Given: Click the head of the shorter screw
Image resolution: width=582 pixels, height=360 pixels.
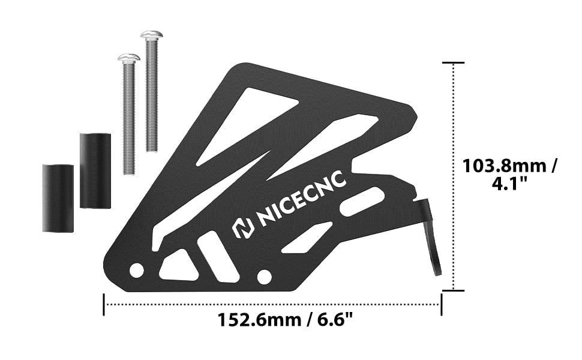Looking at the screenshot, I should [128, 58].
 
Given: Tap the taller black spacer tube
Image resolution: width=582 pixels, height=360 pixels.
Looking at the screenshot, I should [95, 170].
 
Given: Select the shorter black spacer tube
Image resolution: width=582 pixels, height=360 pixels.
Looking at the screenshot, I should [58, 197].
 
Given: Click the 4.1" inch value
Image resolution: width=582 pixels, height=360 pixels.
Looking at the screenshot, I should [509, 184].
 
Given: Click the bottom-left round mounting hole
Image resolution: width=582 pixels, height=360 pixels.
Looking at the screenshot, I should [137, 270].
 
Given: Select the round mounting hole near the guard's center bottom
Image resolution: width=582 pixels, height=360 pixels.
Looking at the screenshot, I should [263, 277].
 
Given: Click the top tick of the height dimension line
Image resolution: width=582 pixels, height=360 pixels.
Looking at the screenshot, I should [453, 62].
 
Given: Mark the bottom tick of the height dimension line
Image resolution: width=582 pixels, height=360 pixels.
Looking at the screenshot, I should [453, 290].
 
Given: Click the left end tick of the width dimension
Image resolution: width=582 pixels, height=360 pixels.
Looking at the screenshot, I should [104, 304].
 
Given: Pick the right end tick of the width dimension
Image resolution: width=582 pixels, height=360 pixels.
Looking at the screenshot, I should [442, 304].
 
